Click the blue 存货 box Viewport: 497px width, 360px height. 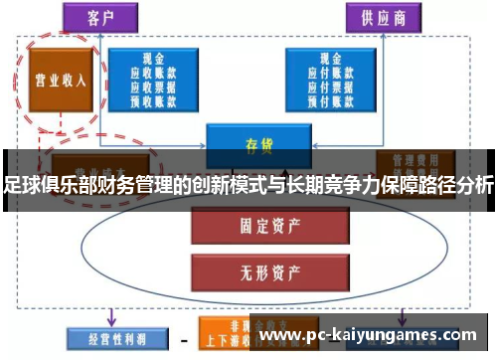[x=257, y=141]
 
